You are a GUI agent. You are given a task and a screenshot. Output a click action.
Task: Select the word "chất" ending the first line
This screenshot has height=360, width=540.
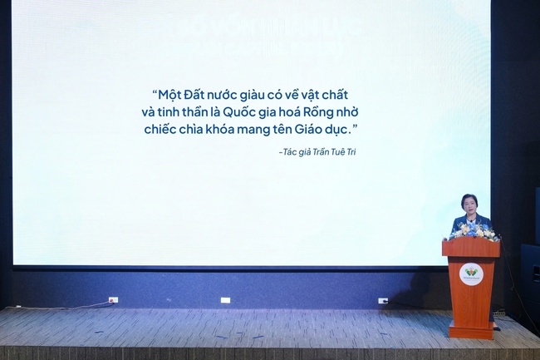(341, 94)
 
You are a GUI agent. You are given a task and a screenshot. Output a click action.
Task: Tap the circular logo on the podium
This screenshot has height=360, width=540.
(470, 271)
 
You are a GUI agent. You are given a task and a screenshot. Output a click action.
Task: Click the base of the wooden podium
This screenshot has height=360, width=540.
(470, 333)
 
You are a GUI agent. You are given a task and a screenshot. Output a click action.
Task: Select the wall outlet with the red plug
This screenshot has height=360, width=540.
(113, 299)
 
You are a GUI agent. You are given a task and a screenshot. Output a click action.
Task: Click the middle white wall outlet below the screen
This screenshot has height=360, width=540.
(225, 299)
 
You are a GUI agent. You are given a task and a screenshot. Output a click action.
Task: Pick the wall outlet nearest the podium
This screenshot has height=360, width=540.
(383, 300)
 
